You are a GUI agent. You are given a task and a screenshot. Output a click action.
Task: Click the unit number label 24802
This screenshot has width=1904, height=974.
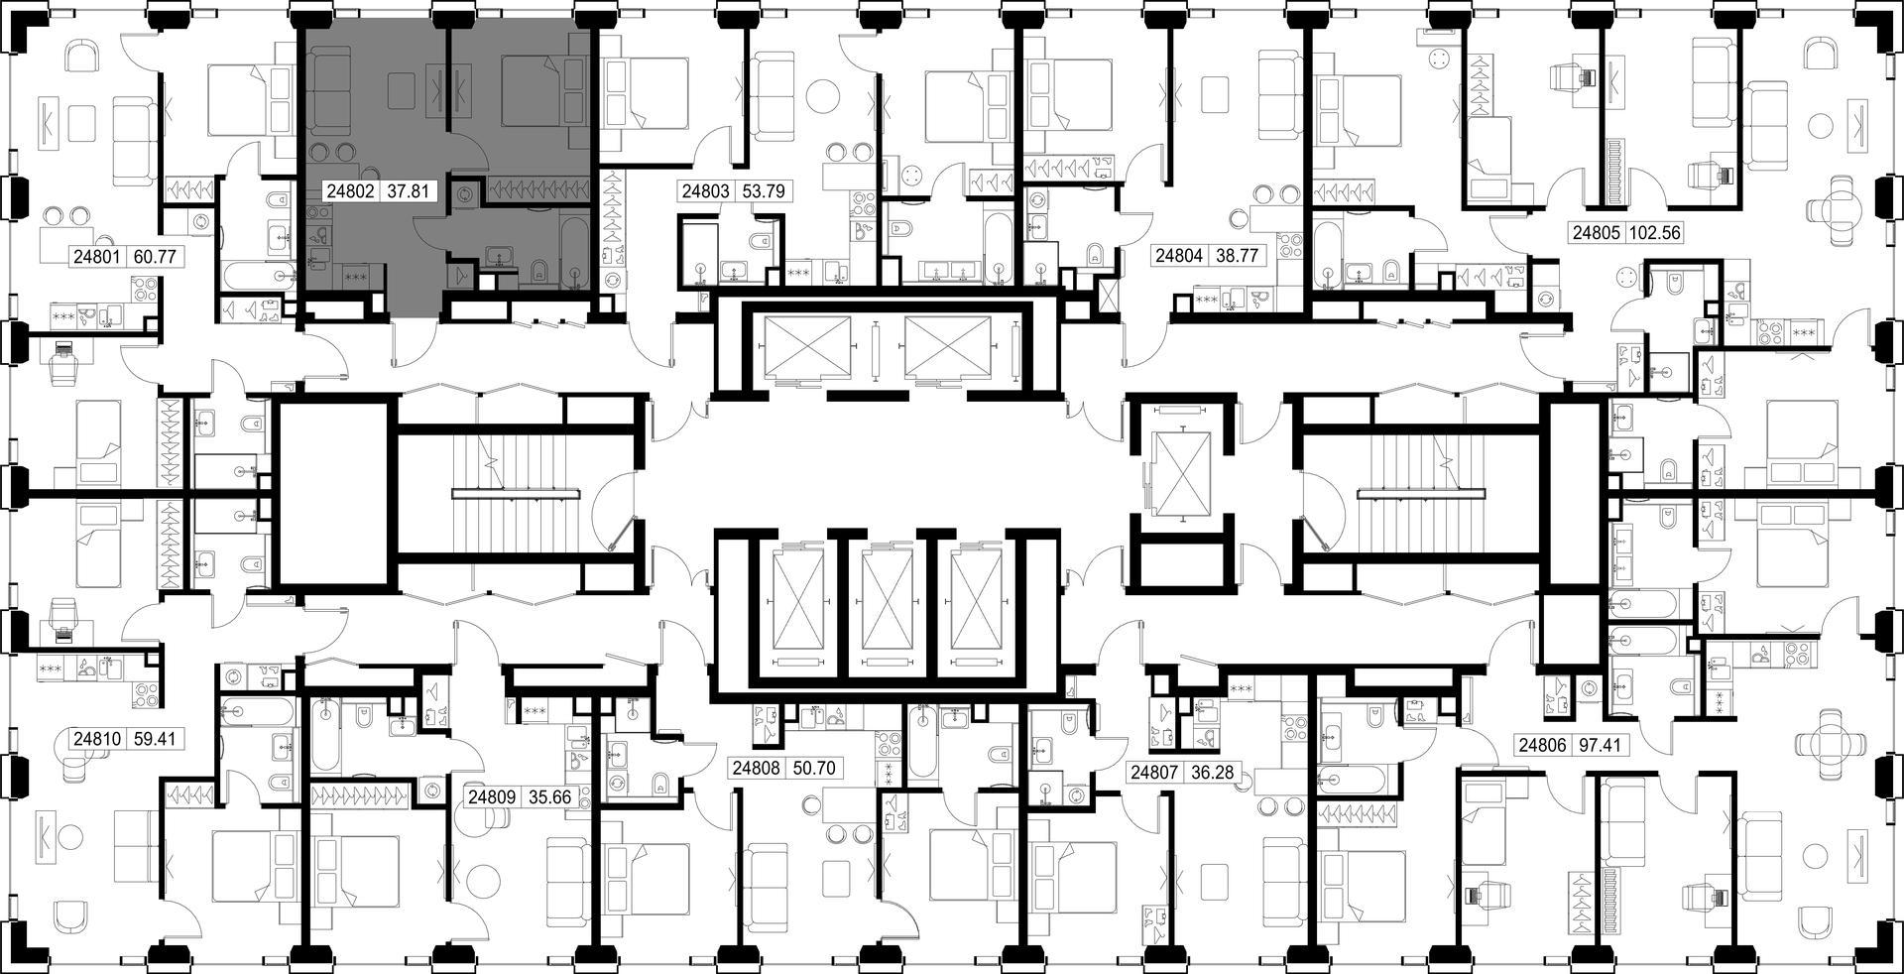[349, 191]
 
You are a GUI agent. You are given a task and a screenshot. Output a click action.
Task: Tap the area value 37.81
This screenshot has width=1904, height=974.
[407, 191]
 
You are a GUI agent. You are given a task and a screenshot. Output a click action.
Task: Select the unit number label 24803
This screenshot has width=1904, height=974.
[705, 191]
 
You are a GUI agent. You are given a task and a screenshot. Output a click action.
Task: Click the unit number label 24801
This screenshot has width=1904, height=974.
[96, 257]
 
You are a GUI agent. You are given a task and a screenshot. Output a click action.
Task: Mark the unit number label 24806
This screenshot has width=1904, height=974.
[1542, 744]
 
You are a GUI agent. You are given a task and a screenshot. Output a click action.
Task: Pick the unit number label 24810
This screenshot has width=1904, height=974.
[96, 739]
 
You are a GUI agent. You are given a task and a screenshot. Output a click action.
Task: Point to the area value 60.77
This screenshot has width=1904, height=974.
[154, 257]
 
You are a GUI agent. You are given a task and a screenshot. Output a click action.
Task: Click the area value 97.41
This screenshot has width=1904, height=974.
[1600, 744]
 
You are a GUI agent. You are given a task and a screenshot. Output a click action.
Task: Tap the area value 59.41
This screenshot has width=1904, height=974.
[154, 739]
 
